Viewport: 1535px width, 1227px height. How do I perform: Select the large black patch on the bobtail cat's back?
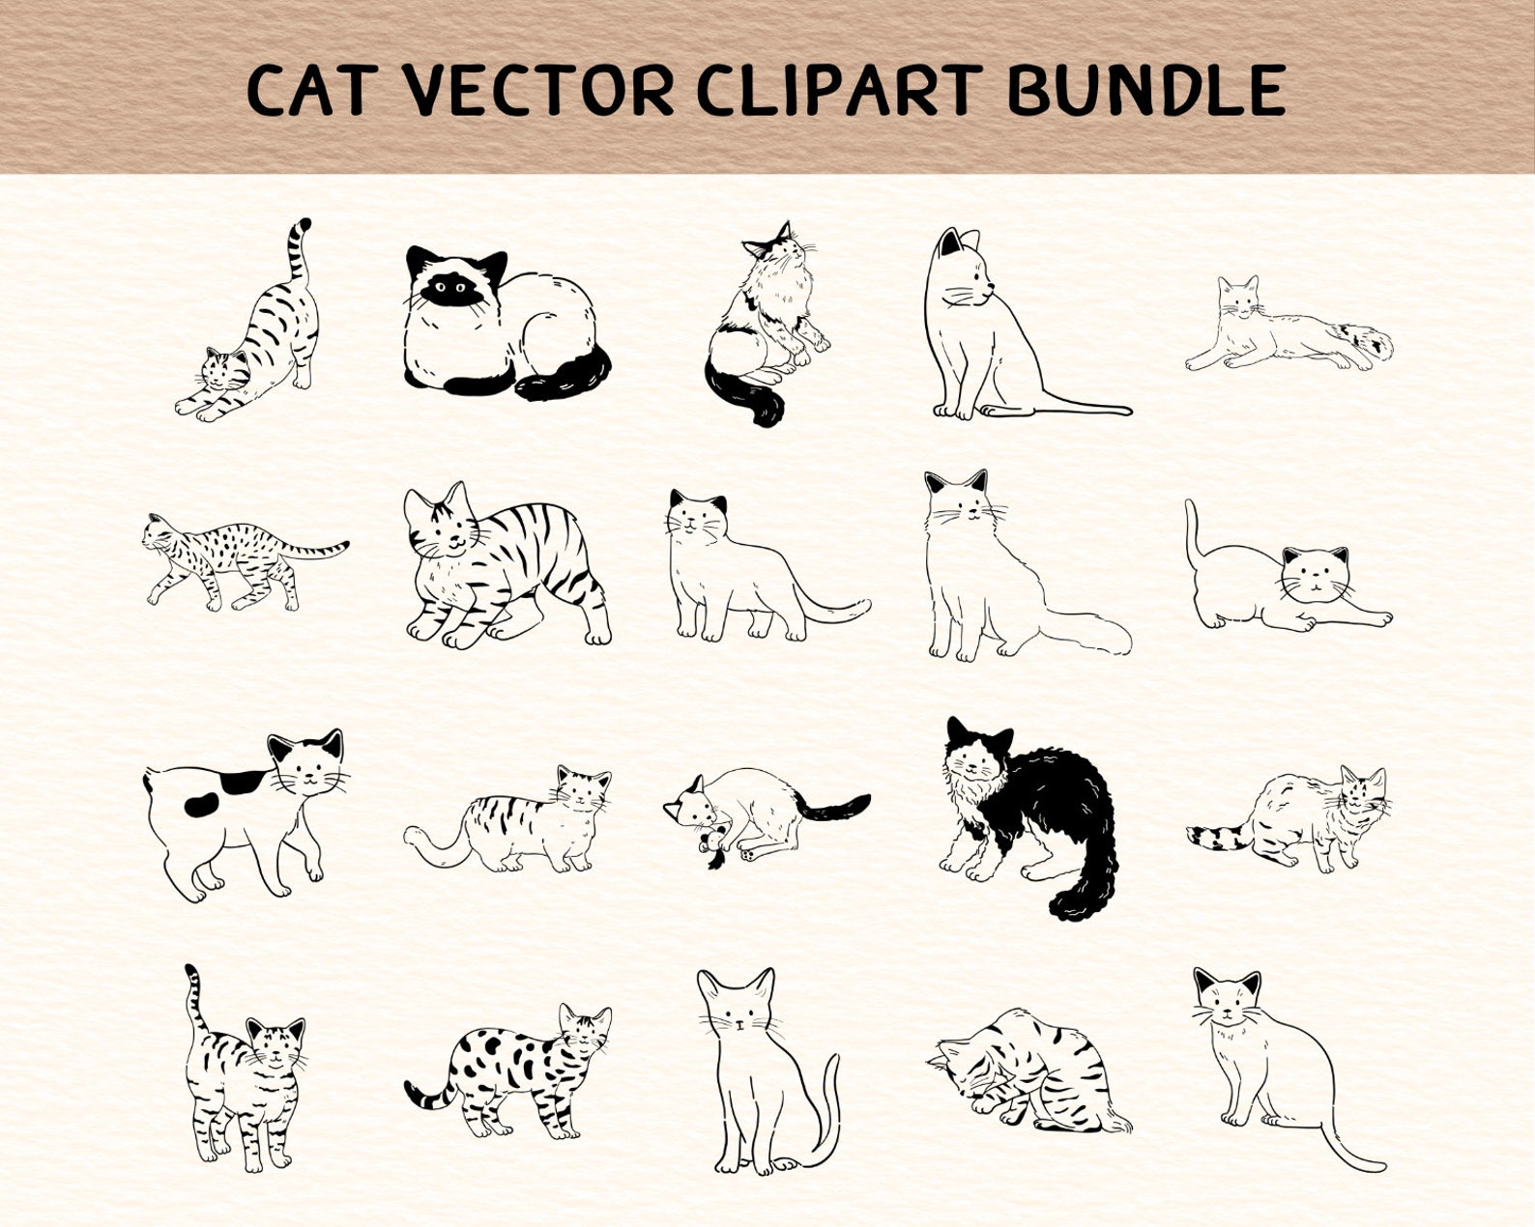tap(240, 782)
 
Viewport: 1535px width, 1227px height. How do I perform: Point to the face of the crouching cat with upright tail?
tap(1315, 575)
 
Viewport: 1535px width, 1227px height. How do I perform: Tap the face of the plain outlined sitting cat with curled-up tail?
tap(737, 1010)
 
